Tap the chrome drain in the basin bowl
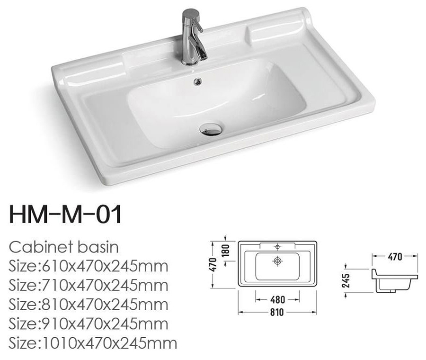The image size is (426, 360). pyautogui.click(x=211, y=129)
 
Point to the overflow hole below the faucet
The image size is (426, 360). pyautogui.click(x=197, y=81)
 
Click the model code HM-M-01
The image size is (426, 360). pyautogui.click(x=65, y=215)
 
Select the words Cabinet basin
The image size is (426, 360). pyautogui.click(x=64, y=247)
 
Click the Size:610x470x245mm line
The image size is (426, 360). pyautogui.click(x=89, y=266)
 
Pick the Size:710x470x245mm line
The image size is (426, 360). pyautogui.click(x=89, y=286)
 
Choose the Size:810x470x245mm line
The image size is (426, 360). pyautogui.click(x=89, y=305)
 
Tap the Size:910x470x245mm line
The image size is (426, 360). pyautogui.click(x=89, y=324)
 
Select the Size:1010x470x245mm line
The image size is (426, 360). pyautogui.click(x=93, y=343)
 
